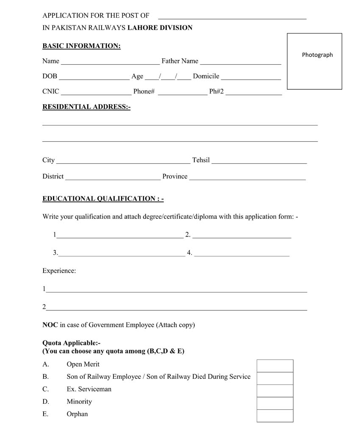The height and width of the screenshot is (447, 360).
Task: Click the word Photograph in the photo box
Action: click(x=317, y=55)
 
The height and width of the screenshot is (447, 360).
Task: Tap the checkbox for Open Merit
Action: click(x=275, y=366)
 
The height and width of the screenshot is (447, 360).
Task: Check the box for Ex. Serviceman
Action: click(x=275, y=391)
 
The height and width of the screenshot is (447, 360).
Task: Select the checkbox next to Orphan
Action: click(x=275, y=416)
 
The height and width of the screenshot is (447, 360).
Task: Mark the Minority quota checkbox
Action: click(x=275, y=403)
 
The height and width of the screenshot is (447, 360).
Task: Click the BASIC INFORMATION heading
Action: click(x=81, y=46)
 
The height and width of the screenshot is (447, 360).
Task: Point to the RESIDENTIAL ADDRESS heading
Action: click(x=86, y=107)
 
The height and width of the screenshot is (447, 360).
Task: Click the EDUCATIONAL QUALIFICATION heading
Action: click(x=103, y=199)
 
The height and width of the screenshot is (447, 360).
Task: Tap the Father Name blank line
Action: click(x=241, y=62)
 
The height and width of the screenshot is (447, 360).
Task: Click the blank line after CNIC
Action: click(x=97, y=93)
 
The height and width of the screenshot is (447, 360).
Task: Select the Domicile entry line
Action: click(x=251, y=77)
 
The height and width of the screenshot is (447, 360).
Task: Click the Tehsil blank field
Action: click(x=259, y=161)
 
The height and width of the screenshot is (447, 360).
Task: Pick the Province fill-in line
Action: click(x=247, y=178)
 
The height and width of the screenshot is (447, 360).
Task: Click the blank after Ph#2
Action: click(x=254, y=93)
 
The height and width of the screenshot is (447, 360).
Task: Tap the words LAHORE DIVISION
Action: click(x=160, y=28)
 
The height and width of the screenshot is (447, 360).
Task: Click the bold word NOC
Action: click(x=50, y=325)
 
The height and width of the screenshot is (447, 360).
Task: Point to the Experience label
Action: click(x=59, y=270)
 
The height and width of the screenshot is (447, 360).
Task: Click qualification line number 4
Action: click(x=242, y=254)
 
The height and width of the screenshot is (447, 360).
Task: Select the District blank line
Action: click(x=113, y=178)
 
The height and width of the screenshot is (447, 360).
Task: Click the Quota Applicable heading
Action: click(x=71, y=343)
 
